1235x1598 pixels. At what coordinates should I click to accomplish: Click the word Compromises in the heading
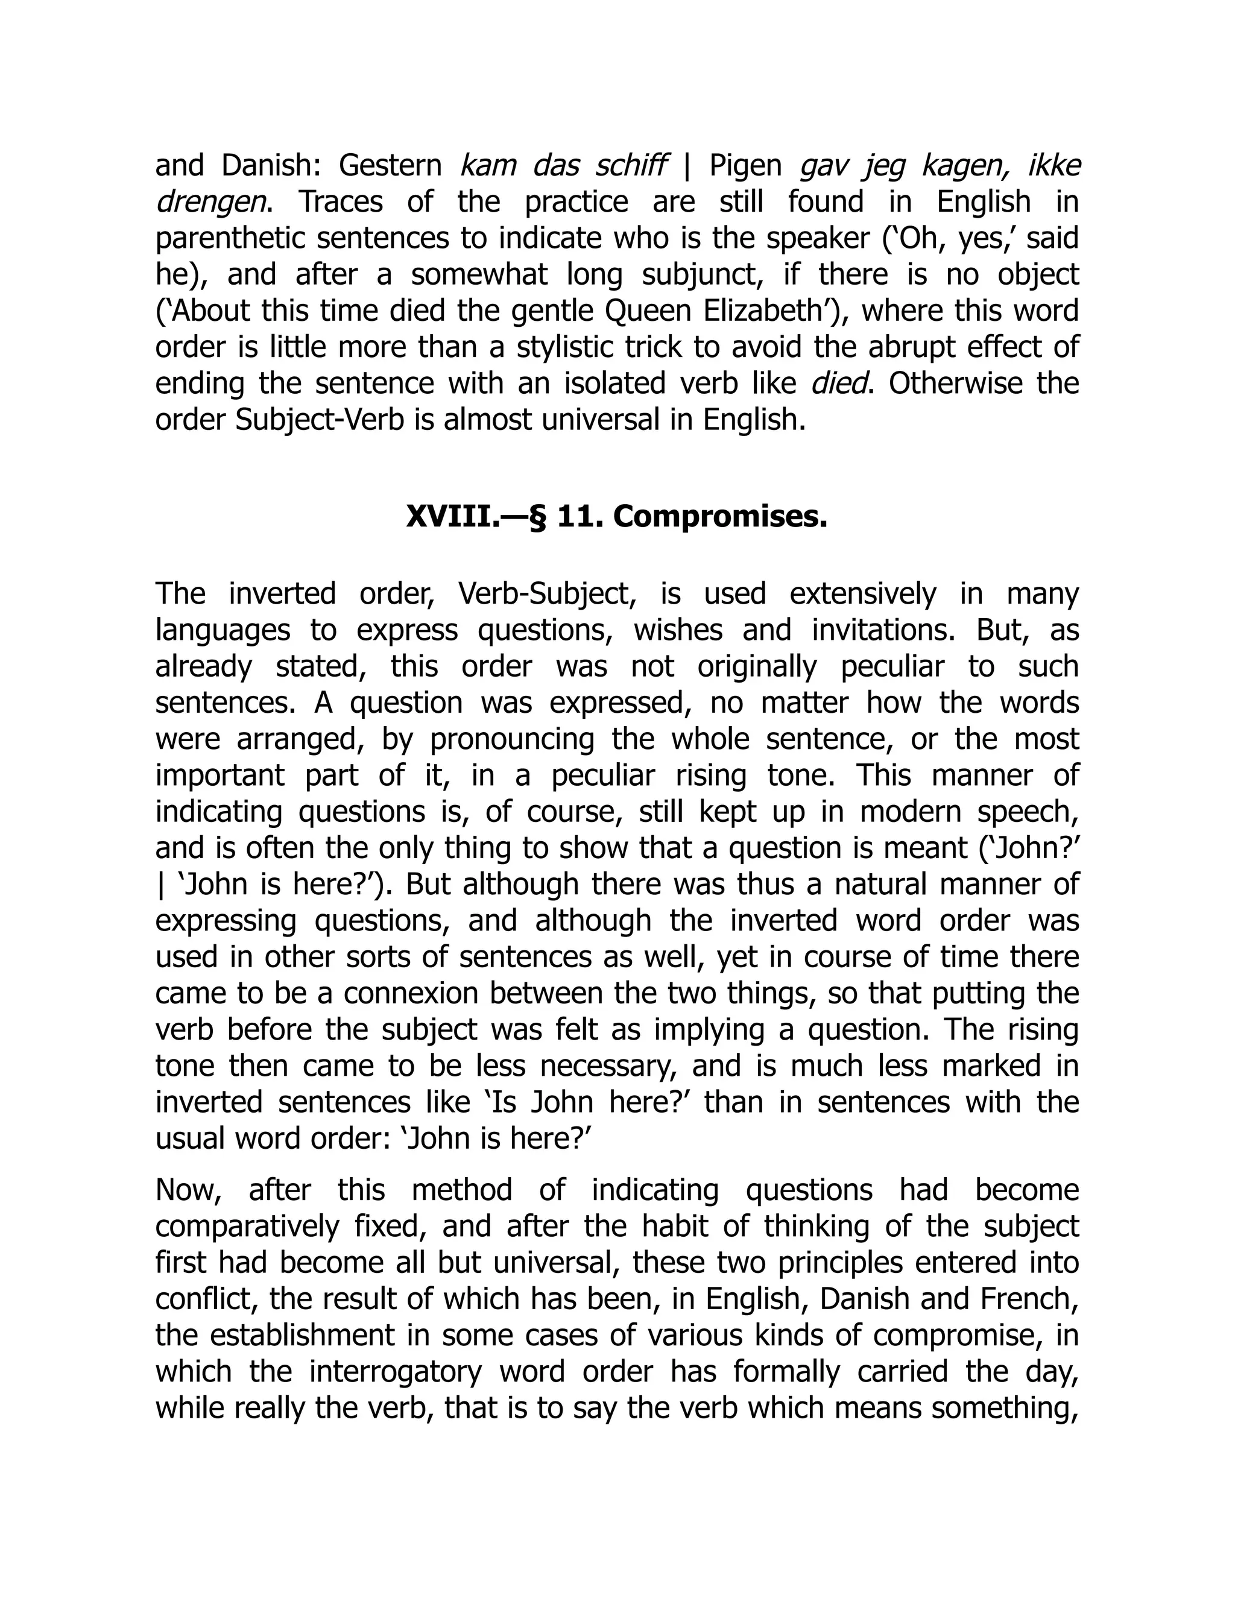pos(720,517)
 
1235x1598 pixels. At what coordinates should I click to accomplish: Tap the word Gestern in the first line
pos(390,166)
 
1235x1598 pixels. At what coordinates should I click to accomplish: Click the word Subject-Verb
pos(320,420)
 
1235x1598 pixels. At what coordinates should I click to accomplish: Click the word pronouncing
pos(512,739)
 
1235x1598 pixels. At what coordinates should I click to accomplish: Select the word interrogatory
pos(395,1371)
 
